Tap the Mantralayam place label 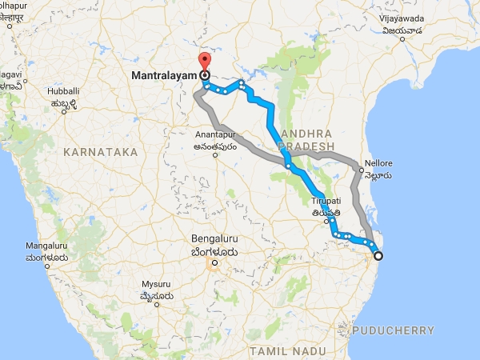pos(163,76)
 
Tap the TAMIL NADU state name pos(279,351)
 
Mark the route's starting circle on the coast pos(378,256)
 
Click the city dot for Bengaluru pos(214,262)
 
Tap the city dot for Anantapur pos(215,155)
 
